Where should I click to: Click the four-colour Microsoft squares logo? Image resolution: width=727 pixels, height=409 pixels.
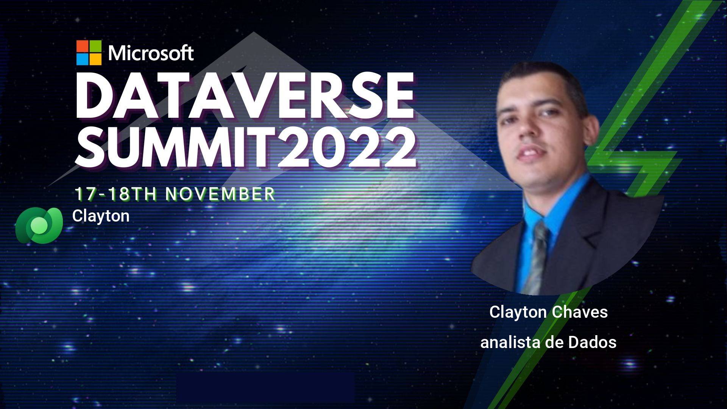click(89, 53)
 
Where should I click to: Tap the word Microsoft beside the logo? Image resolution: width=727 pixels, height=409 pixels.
click(151, 53)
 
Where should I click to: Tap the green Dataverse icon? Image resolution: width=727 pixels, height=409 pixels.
click(39, 225)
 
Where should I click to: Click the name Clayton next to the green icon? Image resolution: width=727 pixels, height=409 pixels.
click(101, 216)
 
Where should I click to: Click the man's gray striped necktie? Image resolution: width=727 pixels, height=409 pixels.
click(538, 258)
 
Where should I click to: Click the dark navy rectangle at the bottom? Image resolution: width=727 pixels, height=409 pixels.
click(265, 387)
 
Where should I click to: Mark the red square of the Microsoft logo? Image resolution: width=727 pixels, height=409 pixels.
click(83, 46)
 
